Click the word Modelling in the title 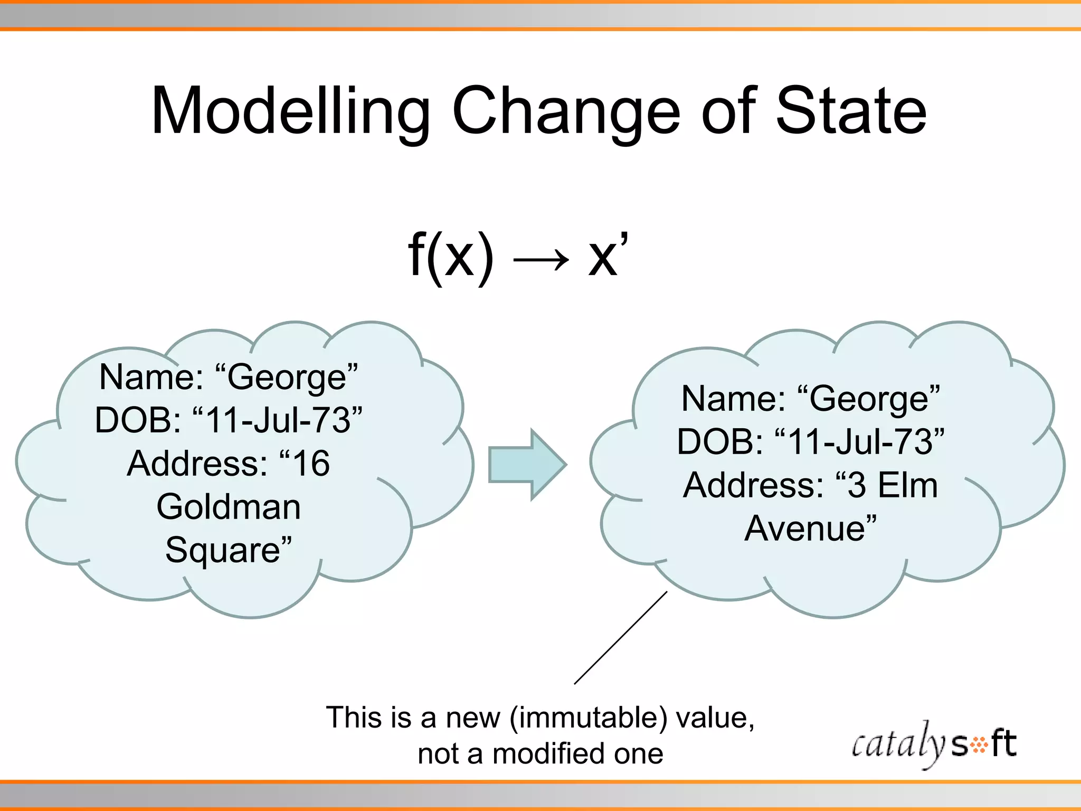(x=290, y=112)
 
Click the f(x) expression (x=451, y=256)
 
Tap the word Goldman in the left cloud (x=229, y=507)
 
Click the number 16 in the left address (x=311, y=464)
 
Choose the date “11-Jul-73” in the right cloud (x=860, y=442)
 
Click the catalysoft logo (x=934, y=744)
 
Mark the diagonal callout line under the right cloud (x=621, y=638)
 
